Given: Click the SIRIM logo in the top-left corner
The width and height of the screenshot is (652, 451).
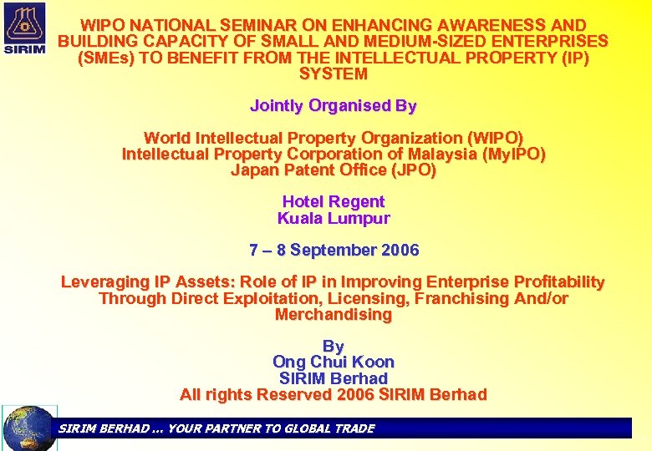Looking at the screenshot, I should (26, 28).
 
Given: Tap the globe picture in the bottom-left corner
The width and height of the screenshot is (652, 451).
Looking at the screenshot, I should (28, 428).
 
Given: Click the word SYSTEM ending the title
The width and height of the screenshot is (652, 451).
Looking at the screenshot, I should (333, 73).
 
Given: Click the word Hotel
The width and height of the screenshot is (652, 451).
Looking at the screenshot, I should (303, 202).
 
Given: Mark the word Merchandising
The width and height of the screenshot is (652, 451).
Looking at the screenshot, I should (333, 315).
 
